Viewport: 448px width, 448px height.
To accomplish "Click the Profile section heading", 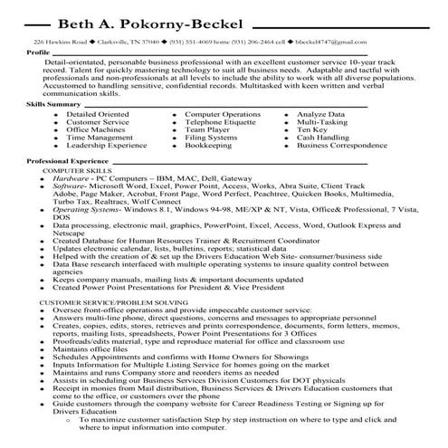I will click(x=38, y=52).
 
